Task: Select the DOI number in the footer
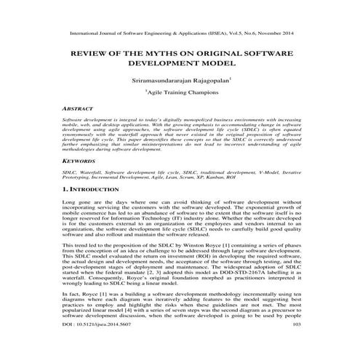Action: [x=103, y=345]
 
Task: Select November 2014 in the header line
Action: [x=275, y=33]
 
